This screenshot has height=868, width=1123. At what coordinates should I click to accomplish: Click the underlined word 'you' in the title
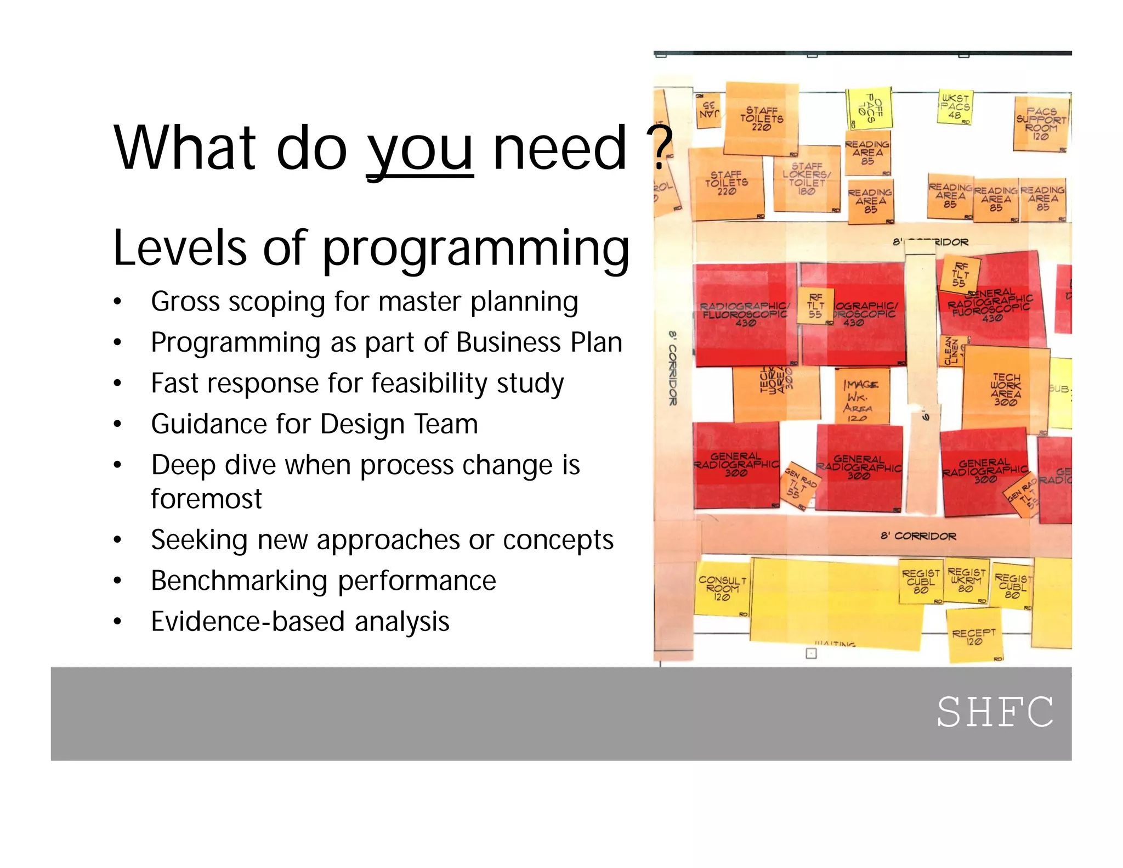(x=419, y=148)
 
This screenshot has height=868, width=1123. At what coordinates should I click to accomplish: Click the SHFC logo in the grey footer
(x=995, y=712)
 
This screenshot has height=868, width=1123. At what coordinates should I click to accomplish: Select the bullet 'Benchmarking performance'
(x=323, y=580)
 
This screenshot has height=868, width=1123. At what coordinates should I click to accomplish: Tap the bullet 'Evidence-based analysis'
(x=300, y=622)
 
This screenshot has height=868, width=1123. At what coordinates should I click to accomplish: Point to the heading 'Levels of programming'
(x=371, y=248)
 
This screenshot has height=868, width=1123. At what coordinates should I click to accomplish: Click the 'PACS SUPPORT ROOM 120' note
(x=1041, y=124)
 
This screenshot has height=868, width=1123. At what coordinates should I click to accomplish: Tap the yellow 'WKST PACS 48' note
(x=955, y=107)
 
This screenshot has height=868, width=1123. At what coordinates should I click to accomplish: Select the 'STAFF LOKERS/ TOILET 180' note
(x=806, y=178)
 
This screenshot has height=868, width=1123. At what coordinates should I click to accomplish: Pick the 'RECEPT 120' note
(x=974, y=637)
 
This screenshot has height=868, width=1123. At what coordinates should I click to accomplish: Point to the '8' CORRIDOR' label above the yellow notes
(x=918, y=536)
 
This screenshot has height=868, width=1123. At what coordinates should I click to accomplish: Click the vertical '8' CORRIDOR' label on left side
(x=673, y=368)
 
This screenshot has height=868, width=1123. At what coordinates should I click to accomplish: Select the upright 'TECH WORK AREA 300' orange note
(x=1005, y=389)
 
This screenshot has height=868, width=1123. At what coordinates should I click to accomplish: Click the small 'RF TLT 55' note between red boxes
(x=815, y=306)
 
